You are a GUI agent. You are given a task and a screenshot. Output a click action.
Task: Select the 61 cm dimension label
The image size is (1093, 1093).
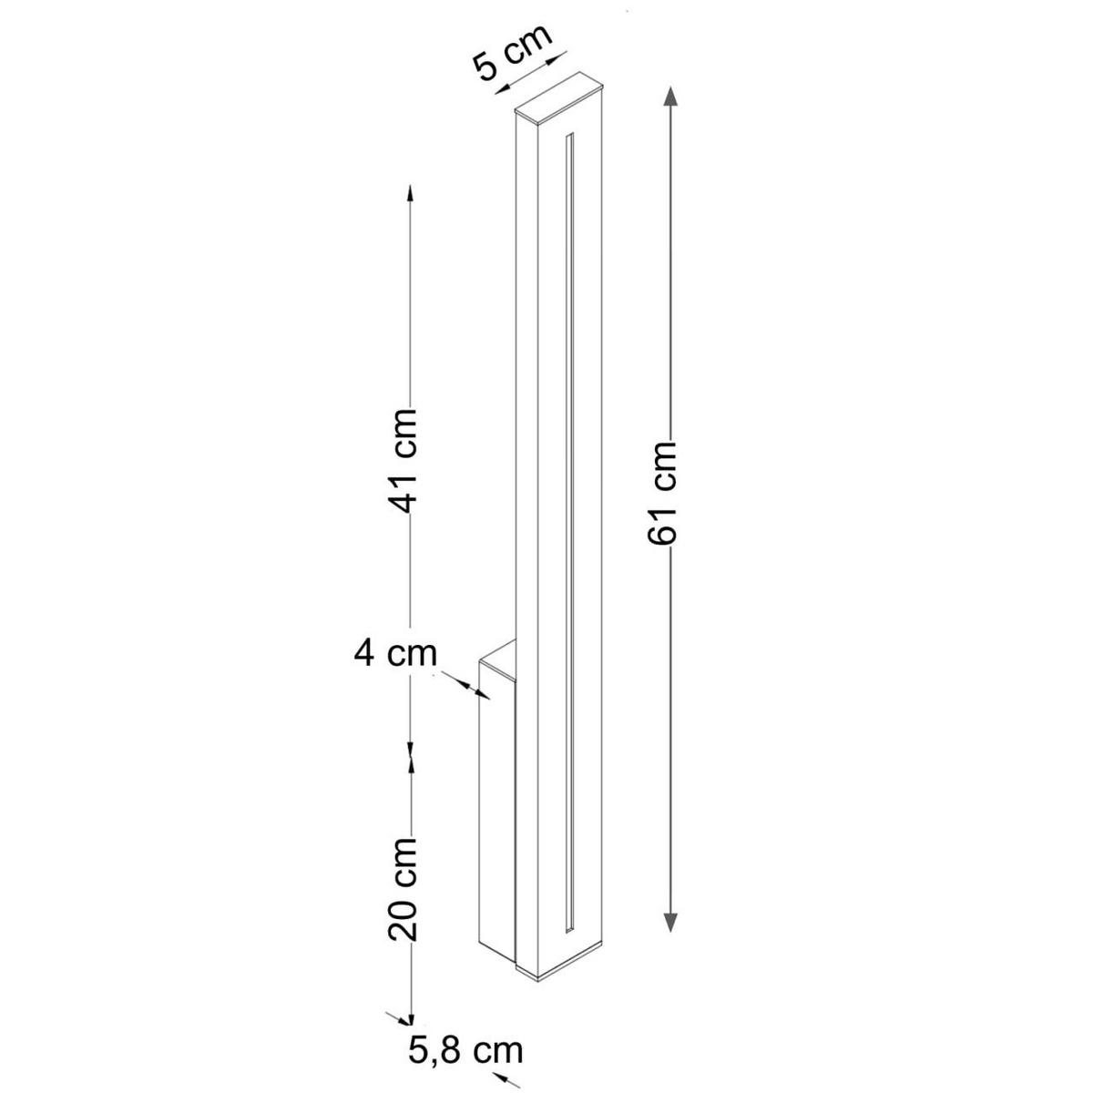(664, 494)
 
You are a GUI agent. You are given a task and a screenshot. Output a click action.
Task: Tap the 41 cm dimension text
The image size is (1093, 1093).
(403, 461)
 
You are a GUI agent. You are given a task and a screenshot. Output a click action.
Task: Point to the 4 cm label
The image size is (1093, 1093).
(394, 653)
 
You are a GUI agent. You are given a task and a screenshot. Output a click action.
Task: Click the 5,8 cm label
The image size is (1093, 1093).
(466, 1050)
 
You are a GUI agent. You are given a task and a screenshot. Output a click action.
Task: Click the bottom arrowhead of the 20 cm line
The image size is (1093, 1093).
(412, 1015)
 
